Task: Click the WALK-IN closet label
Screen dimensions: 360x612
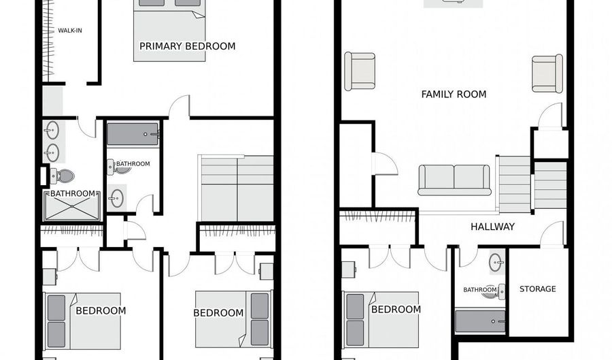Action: pos(70,30)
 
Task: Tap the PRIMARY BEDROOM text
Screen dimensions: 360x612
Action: pos(187,46)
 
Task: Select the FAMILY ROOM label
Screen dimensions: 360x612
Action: pos(454,94)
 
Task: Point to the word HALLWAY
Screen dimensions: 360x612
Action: pos(492,227)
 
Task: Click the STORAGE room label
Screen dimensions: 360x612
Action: pos(537,289)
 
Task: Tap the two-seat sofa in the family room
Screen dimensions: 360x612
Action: pos(454,180)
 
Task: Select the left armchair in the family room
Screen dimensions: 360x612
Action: pos(360,71)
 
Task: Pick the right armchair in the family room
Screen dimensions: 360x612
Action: pos(547,73)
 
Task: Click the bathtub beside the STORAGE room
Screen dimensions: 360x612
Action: pos(480,321)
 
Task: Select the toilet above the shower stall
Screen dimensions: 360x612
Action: pos(63,176)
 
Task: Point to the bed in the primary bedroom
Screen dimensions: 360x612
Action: pos(169,31)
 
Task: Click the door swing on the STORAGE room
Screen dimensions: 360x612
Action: pos(552,234)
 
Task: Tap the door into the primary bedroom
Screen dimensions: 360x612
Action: pos(180,108)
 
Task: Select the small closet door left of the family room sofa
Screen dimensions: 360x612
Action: pos(385,163)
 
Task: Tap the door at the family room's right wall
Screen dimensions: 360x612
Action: pos(551,116)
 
